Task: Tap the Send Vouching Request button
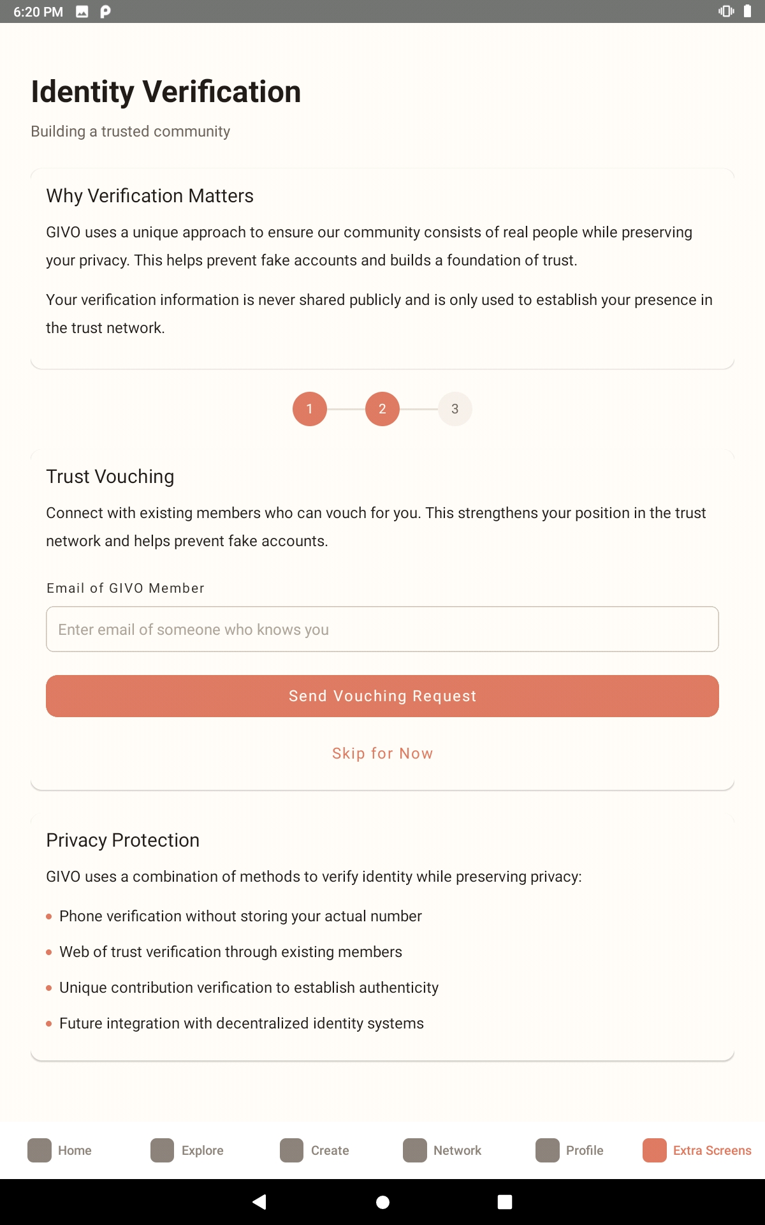(x=382, y=696)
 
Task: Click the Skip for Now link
(x=382, y=754)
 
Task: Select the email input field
(x=382, y=629)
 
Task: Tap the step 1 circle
(x=310, y=409)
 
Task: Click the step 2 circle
(x=382, y=409)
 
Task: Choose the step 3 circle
(x=455, y=409)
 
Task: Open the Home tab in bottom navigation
(x=60, y=1150)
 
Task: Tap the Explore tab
(x=187, y=1150)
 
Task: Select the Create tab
(x=315, y=1150)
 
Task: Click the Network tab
(x=442, y=1150)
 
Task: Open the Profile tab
(x=570, y=1150)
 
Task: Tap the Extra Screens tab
(x=697, y=1150)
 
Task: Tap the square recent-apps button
(x=505, y=1202)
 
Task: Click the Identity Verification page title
(x=166, y=92)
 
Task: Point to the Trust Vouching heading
(x=110, y=477)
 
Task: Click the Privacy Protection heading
(x=123, y=840)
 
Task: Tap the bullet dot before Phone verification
(x=49, y=917)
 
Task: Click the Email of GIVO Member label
(x=126, y=588)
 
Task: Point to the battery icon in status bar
(x=747, y=11)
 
